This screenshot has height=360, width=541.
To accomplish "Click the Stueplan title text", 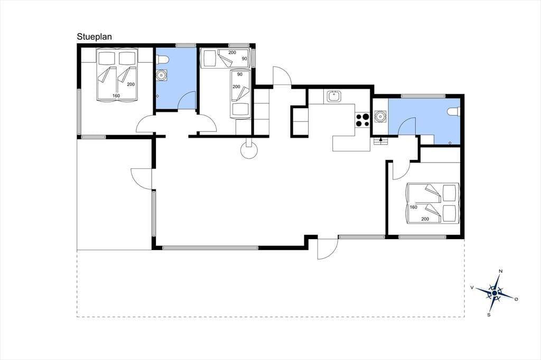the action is click(x=94, y=37).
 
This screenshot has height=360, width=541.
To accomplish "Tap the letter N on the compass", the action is click(x=501, y=271).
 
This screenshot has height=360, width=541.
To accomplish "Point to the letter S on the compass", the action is click(x=489, y=315).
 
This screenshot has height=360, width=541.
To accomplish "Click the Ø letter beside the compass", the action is click(x=516, y=299).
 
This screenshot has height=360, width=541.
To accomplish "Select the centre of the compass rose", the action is click(x=495, y=293).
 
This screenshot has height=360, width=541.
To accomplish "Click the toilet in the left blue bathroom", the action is click(x=162, y=60).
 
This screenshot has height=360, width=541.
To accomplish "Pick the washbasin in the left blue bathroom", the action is click(x=161, y=75).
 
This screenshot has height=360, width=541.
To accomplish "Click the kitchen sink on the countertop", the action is click(x=334, y=97).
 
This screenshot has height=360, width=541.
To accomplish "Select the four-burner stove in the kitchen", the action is click(x=362, y=120).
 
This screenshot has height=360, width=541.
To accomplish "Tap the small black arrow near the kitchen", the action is click(x=380, y=140).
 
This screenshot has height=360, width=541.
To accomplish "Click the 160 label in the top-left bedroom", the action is click(x=116, y=96).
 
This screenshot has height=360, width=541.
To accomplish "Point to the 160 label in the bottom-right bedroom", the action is click(x=413, y=207).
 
